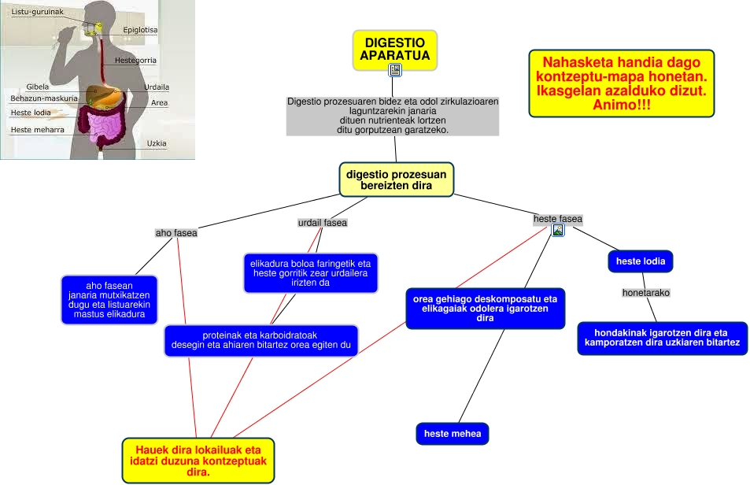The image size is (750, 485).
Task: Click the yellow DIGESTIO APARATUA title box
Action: tap(394, 48)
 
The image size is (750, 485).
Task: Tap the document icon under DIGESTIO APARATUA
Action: tap(395, 70)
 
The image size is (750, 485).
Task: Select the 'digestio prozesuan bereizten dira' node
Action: tap(397, 180)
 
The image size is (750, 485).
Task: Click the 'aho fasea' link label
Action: tap(176, 233)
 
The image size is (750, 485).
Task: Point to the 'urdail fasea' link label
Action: tap(322, 223)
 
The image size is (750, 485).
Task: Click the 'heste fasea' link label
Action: tap(558, 219)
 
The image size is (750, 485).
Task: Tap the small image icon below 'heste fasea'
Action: tap(558, 231)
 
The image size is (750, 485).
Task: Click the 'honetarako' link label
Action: tap(645, 293)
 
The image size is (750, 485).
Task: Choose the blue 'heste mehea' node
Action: tap(452, 434)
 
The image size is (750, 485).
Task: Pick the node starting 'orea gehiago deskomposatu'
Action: tap(485, 309)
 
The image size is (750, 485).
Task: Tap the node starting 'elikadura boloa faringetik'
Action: tap(309, 273)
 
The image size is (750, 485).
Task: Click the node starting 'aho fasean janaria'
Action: tap(109, 300)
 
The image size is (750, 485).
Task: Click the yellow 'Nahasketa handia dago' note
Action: tap(621, 83)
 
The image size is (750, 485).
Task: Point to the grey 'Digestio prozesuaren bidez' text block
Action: tap(393, 116)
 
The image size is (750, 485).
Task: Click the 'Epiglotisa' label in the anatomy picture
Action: tap(140, 30)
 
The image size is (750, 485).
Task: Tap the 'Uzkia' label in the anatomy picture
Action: tap(156, 143)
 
